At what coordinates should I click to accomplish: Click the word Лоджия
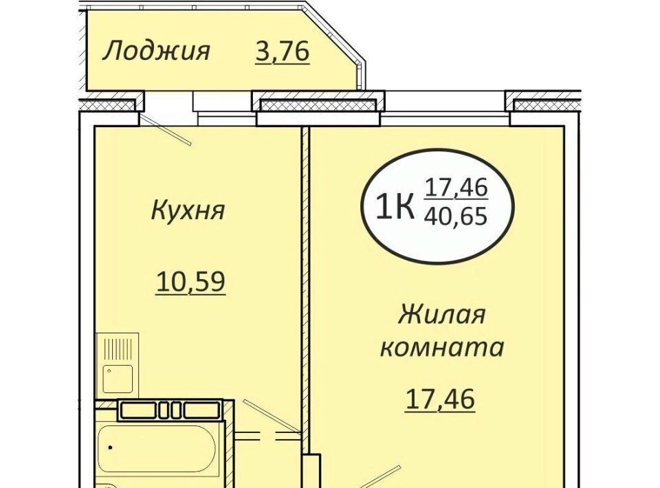click(x=156, y=52)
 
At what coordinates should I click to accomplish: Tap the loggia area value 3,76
click(x=283, y=52)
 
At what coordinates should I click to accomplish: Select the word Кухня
click(x=188, y=210)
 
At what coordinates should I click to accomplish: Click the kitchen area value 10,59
click(x=190, y=281)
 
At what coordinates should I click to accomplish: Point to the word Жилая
click(x=441, y=314)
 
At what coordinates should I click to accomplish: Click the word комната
click(x=442, y=348)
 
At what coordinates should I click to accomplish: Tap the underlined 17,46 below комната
click(x=440, y=399)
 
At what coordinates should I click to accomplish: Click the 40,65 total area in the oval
click(x=456, y=217)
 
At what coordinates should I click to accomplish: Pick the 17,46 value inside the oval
click(x=456, y=188)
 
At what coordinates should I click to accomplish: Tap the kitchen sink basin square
click(x=118, y=379)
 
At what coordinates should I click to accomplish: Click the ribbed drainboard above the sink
click(x=118, y=348)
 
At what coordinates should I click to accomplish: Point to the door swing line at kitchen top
click(x=166, y=131)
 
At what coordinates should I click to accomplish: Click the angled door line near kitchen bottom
click(x=272, y=416)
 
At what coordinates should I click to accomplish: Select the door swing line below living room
click(x=377, y=477)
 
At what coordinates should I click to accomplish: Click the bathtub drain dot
click(x=110, y=447)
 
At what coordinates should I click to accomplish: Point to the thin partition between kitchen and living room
click(x=305, y=290)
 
